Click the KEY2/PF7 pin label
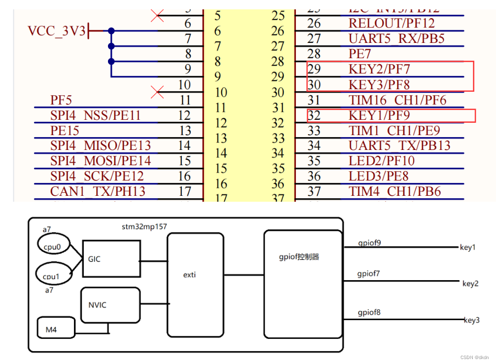(379, 69)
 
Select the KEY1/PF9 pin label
(379, 115)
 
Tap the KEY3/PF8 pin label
(379, 84)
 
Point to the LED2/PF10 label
(382, 161)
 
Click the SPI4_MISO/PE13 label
(101, 146)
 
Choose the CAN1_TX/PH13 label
(98, 191)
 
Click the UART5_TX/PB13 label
(399, 146)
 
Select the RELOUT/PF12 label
(392, 23)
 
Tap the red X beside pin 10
(157, 92)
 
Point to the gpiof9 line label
(369, 243)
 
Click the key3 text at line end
(471, 321)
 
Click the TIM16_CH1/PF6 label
(397, 100)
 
